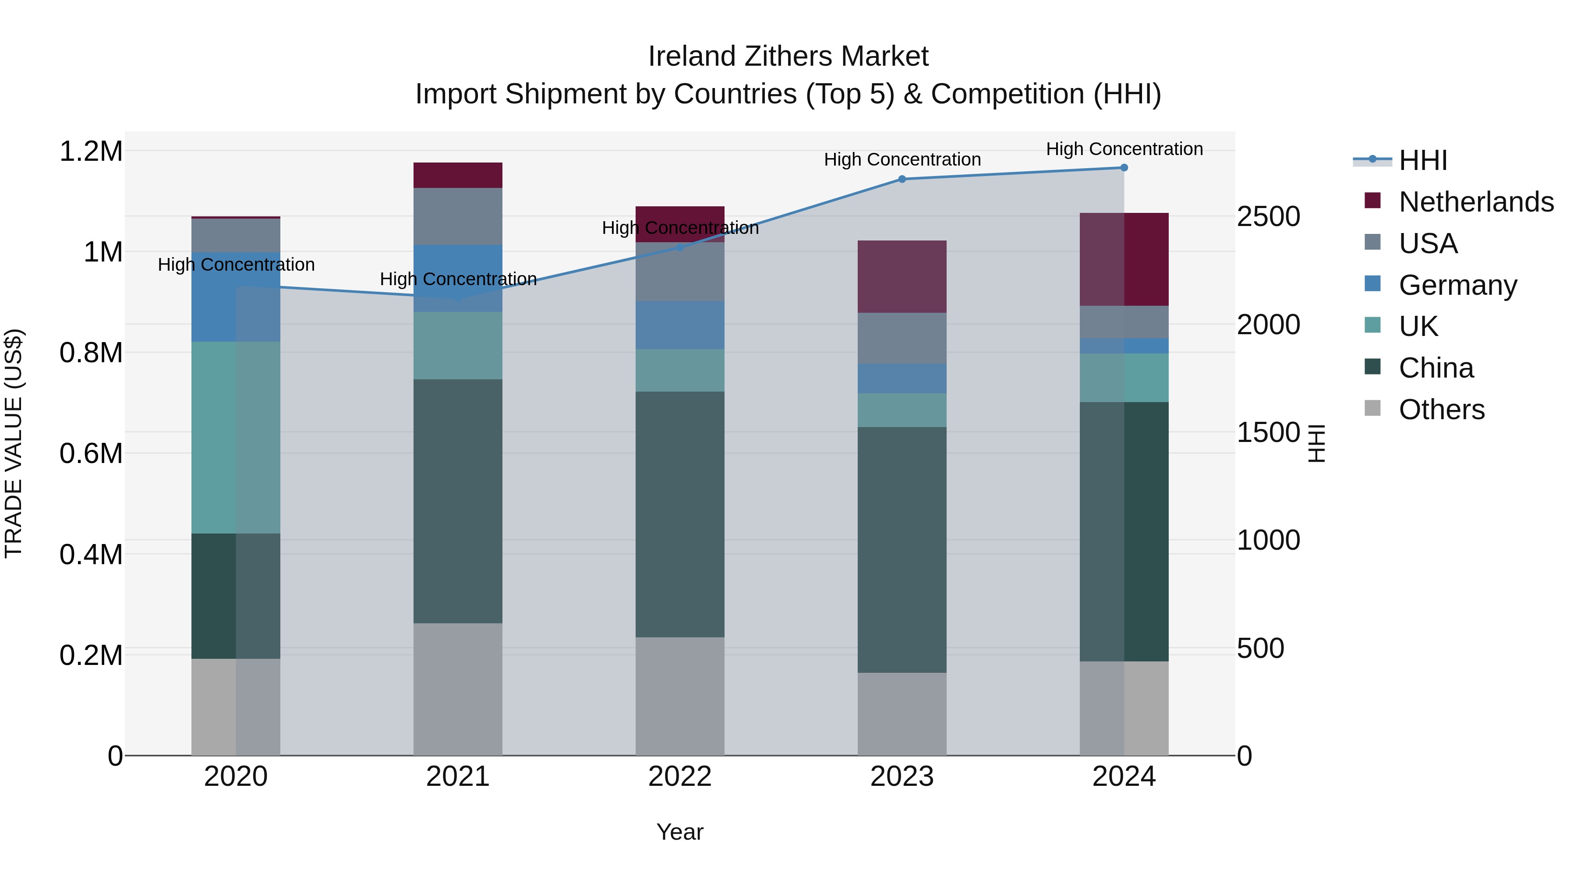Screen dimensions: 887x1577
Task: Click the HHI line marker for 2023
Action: pos(902,179)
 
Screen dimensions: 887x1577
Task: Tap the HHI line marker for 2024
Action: pos(1124,168)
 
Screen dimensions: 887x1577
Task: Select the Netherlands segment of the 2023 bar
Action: pos(902,277)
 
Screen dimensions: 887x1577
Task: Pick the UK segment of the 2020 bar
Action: pos(236,437)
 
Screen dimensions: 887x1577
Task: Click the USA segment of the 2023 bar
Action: pos(902,339)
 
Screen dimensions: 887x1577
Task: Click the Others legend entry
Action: pos(1441,410)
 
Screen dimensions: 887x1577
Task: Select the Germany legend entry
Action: pos(1457,285)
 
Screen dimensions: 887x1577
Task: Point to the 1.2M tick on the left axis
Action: pos(91,151)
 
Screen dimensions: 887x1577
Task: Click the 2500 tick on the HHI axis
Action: pos(1269,217)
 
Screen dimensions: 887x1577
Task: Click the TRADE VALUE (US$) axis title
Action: pos(14,443)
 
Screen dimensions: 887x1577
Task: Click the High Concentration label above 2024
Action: pos(1124,149)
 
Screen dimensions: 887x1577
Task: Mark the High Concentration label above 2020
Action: pos(236,265)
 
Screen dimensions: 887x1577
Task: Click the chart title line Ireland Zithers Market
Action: pos(788,57)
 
